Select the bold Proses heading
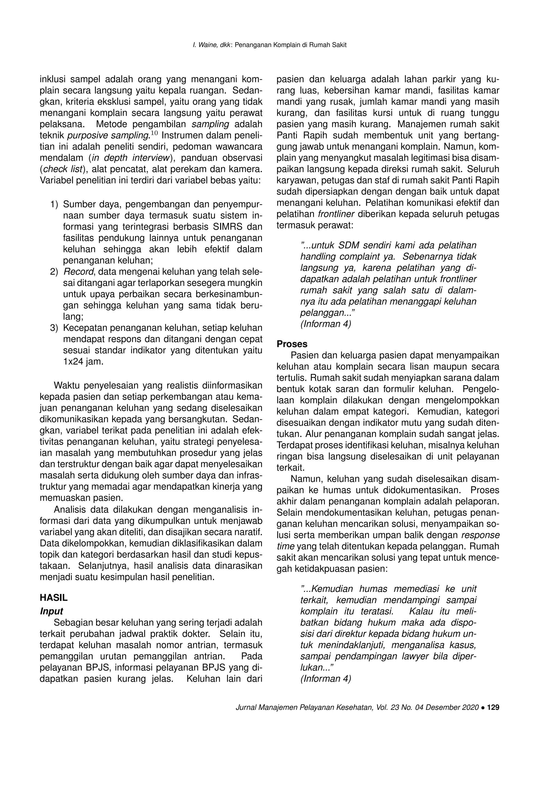(292, 344)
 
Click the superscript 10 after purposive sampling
(154, 133)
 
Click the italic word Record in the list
(78, 272)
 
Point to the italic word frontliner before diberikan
(336, 214)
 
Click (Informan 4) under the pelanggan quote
(326, 324)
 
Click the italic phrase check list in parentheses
(63, 169)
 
